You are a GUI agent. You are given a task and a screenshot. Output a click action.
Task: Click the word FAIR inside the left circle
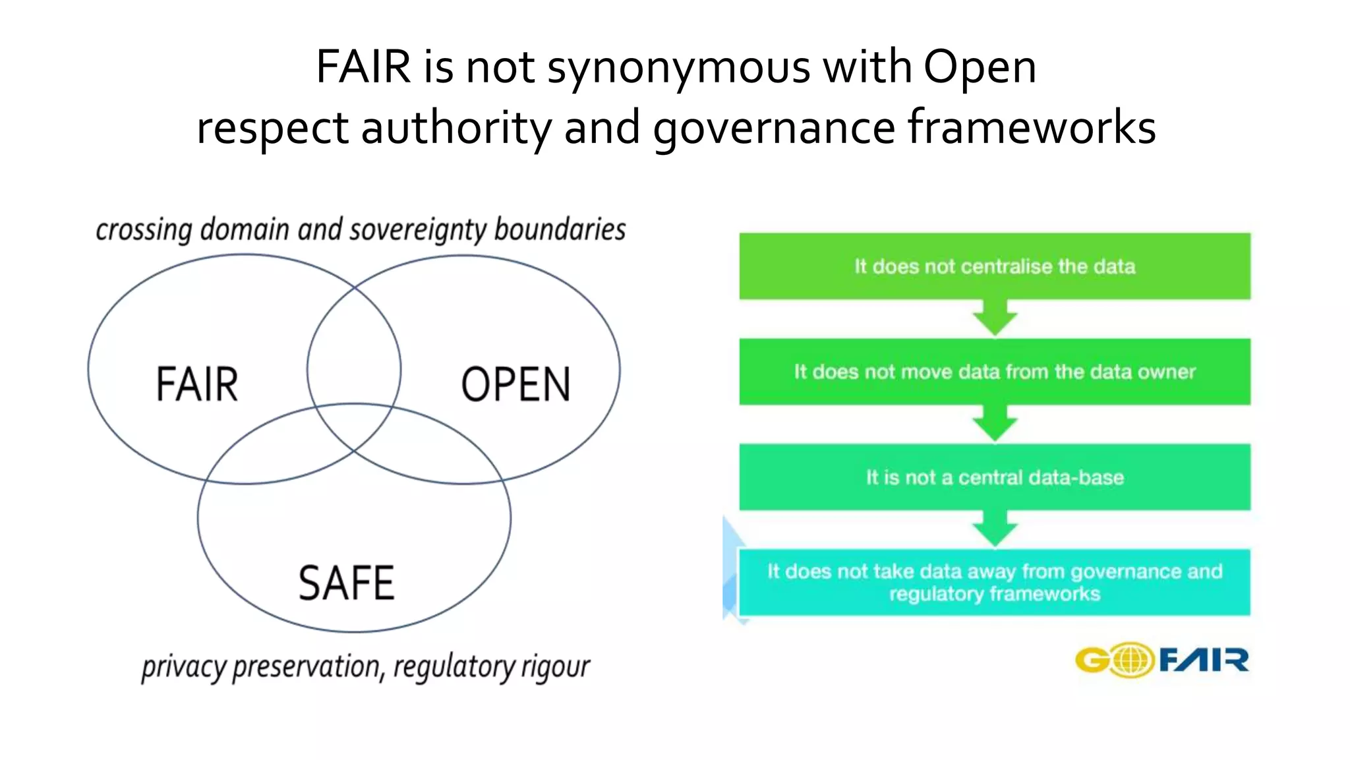pyautogui.click(x=197, y=384)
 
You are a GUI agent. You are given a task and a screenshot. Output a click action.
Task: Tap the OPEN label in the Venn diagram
pyautogui.click(x=515, y=384)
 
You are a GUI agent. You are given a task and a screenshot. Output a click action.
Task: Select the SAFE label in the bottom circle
pyautogui.click(x=347, y=583)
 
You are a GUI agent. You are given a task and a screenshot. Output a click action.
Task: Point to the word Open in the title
pyautogui.click(x=980, y=67)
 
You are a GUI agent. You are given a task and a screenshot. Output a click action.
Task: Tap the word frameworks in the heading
pyautogui.click(x=1032, y=127)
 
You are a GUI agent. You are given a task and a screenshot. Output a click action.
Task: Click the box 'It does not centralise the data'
pyautogui.click(x=995, y=266)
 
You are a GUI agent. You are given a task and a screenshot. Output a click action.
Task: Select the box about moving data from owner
pyautogui.click(x=995, y=372)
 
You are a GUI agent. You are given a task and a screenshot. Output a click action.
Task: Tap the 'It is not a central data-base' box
pyautogui.click(x=995, y=477)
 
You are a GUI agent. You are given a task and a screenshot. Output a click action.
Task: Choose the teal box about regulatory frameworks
pyautogui.click(x=995, y=582)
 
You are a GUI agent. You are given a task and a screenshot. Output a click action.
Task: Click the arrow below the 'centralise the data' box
pyautogui.click(x=995, y=319)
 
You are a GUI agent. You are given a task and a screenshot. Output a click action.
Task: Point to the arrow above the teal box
pyautogui.click(x=995, y=529)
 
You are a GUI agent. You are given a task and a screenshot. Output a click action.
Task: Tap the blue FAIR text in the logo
pyautogui.click(x=1204, y=660)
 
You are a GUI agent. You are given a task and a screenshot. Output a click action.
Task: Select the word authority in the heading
pyautogui.click(x=456, y=128)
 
